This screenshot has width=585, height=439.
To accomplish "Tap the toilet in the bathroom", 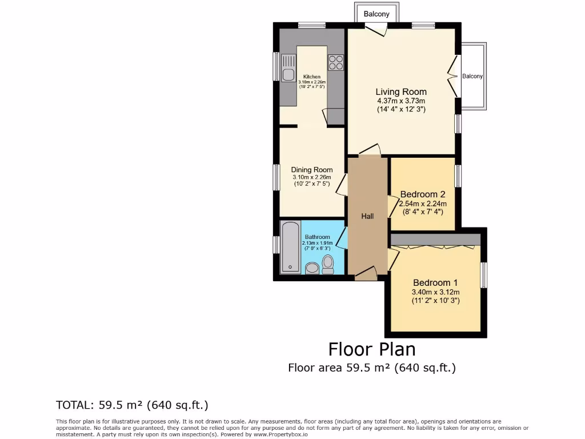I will [x=328, y=264].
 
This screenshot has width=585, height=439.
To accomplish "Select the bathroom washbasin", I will [x=312, y=268].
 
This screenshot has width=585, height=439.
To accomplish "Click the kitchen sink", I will [x=288, y=74].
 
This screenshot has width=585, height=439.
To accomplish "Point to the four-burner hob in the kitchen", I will [x=335, y=62].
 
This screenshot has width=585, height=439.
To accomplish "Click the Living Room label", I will [x=400, y=91].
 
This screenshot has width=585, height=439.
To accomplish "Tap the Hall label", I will [x=367, y=216].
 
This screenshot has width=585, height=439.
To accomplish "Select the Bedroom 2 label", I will [x=422, y=194].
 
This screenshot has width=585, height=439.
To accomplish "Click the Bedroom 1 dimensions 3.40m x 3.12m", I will [x=435, y=292].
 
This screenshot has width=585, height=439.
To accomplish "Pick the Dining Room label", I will [x=311, y=170].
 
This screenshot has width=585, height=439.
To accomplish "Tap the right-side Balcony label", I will [x=472, y=76].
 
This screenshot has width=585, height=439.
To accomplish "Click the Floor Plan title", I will [x=371, y=349].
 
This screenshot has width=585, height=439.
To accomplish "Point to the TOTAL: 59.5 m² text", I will [x=132, y=405].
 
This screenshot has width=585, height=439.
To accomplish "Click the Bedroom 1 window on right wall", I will [x=483, y=275].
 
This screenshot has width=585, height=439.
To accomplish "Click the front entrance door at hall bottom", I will [x=366, y=276].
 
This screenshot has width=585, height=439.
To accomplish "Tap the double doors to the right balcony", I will [x=454, y=77].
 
